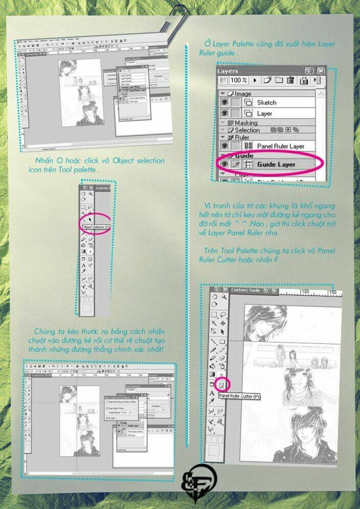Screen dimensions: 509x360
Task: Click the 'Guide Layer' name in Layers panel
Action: [x=276, y=165]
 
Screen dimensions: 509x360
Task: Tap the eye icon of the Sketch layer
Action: [x=224, y=102]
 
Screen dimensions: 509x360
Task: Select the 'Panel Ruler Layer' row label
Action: [x=281, y=146]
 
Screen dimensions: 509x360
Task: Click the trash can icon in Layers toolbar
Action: [x=290, y=80]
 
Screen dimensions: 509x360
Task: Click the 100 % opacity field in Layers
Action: [x=238, y=80]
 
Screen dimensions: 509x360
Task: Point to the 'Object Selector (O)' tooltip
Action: [x=96, y=226]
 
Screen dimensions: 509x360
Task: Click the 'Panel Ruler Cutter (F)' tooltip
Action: [x=240, y=396]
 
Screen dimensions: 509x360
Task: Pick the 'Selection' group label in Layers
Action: [x=247, y=130]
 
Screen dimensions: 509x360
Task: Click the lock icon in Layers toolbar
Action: [x=304, y=80]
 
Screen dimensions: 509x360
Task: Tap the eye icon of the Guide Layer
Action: [x=224, y=165]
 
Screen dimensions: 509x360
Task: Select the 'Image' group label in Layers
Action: [x=242, y=94]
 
